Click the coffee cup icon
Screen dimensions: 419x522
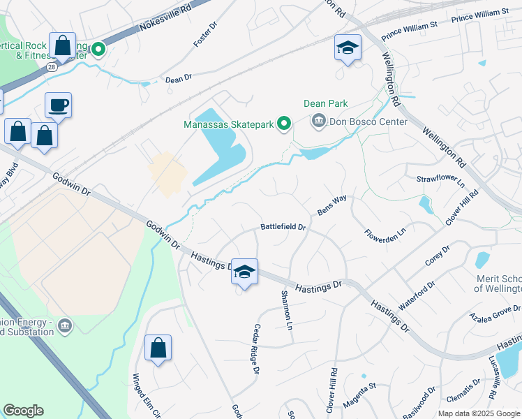click(x=59, y=105)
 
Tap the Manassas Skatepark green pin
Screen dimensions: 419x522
click(x=284, y=124)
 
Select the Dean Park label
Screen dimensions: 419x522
click(x=325, y=103)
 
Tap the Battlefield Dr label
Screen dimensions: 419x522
click(x=283, y=227)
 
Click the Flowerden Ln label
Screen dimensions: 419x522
click(x=385, y=226)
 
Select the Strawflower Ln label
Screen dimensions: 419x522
click(x=440, y=179)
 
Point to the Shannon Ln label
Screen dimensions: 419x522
click(x=285, y=310)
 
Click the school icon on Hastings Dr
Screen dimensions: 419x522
click(x=245, y=271)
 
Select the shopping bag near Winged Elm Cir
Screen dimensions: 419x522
click(x=158, y=347)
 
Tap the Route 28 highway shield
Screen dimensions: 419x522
click(x=52, y=66)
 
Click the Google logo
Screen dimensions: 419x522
click(x=24, y=411)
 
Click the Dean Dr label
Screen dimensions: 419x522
click(x=179, y=80)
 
